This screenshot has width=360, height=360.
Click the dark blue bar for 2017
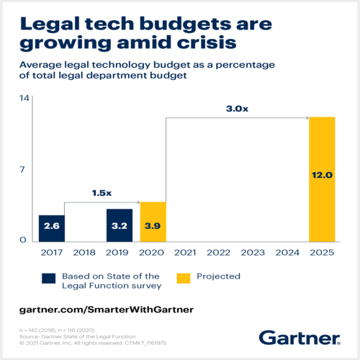pyautogui.click(x=52, y=228)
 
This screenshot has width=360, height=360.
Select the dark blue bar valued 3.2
pyautogui.click(x=120, y=225)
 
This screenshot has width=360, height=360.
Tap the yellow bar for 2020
pyautogui.click(x=153, y=222)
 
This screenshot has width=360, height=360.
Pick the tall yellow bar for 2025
pyautogui.click(x=322, y=179)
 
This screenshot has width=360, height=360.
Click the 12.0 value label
pyautogui.click(x=322, y=175)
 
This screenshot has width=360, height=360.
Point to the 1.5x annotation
pyautogui.click(x=102, y=193)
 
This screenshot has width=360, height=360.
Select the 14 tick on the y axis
pyautogui.click(x=23, y=98)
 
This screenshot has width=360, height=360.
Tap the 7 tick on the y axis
pyautogui.click(x=23, y=170)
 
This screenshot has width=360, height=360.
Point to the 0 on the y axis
pyautogui.click(x=23, y=240)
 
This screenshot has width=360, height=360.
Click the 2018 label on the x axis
pyautogui.click(x=85, y=253)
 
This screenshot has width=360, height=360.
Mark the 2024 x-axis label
pyautogui.click(x=288, y=253)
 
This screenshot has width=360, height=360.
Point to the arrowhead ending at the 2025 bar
pyautogui.click(x=307, y=117)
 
